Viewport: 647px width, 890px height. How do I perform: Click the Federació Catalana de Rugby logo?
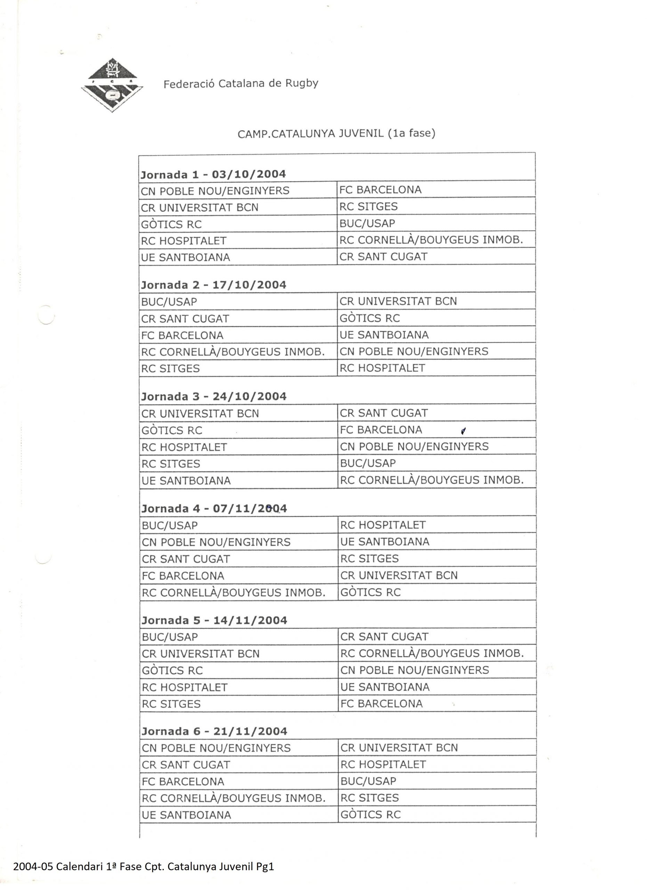(112, 85)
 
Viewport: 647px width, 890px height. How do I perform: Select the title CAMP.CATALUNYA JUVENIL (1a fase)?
(336, 134)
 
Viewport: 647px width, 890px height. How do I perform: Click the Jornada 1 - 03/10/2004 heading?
(213, 174)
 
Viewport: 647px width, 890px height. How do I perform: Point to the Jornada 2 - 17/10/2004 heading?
(214, 285)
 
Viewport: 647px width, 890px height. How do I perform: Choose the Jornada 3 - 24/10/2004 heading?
(214, 396)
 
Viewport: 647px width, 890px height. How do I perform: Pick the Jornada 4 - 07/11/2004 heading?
(214, 509)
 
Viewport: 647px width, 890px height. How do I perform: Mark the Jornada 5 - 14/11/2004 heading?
(214, 621)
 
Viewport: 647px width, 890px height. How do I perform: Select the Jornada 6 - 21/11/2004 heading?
(214, 731)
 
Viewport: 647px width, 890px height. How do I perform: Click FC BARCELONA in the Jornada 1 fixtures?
(380, 190)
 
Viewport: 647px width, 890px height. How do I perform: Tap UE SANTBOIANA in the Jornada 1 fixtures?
(186, 257)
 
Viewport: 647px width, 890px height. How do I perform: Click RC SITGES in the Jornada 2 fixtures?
(171, 369)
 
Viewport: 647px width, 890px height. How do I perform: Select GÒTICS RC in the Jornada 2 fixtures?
(370, 318)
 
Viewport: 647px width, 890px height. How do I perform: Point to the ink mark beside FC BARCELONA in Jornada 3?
(463, 431)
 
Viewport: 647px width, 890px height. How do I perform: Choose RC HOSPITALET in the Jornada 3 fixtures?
(184, 447)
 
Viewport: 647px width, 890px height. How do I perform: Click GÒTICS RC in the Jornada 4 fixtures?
(370, 592)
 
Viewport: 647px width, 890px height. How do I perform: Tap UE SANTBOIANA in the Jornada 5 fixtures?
(385, 687)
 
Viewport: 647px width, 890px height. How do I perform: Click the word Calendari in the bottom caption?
(79, 866)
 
